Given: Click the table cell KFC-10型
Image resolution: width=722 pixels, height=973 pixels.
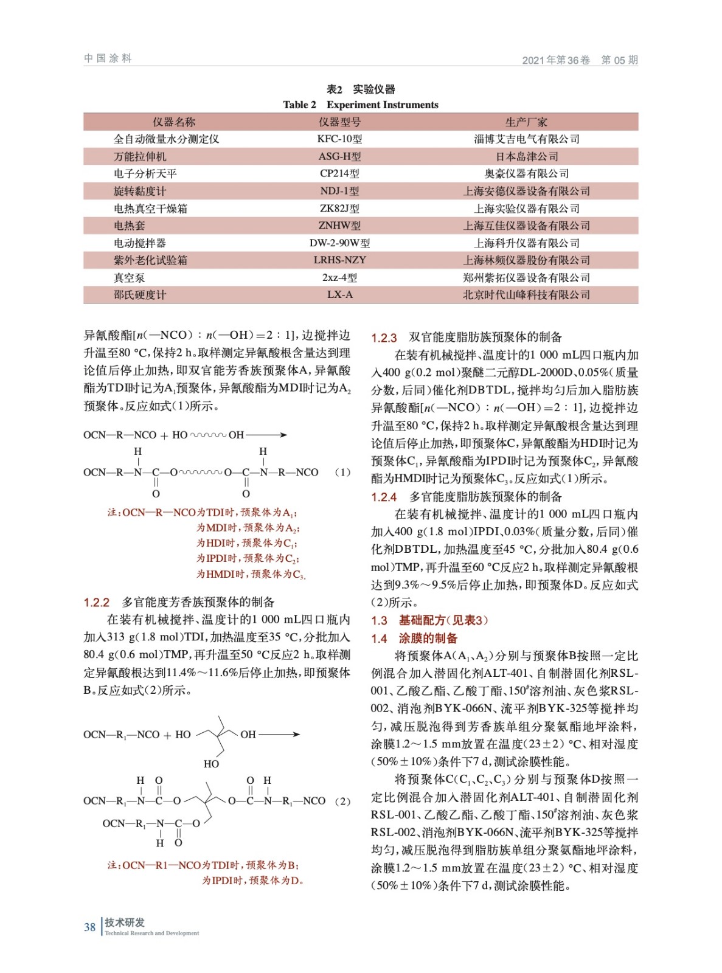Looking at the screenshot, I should pos(339,139).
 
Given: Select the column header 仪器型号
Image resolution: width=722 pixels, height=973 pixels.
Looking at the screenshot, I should pos(339,122).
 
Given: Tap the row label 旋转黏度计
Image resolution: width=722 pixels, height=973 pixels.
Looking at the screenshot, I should pos(140,192).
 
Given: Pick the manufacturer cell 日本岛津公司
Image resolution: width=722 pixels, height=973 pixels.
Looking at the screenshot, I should pos(527,157).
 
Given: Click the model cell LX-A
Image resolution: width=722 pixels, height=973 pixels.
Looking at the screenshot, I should pos(339,295).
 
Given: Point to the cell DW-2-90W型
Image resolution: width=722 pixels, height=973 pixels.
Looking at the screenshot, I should pos(339,243).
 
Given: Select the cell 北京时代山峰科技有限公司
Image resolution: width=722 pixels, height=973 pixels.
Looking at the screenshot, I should pos(527,295).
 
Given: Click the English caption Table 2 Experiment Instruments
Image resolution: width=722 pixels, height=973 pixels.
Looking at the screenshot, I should pos(361,105).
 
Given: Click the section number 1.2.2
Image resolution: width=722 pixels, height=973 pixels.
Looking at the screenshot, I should pos(97,603).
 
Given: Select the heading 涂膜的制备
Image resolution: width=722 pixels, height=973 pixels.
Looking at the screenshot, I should pos(428,639).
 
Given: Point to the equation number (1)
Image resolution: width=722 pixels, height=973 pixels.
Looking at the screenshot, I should pos(343,472).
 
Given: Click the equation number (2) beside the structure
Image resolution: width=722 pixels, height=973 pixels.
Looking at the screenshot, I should pos(343,802).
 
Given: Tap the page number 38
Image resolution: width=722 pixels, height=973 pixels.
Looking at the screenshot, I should pos(89,927).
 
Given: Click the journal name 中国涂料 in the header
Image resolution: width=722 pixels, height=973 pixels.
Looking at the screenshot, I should pos(108,58).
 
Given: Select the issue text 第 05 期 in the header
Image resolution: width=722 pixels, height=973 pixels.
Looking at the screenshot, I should pos(619,60).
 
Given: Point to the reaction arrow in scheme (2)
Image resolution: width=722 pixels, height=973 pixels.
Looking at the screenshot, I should pos(279,735).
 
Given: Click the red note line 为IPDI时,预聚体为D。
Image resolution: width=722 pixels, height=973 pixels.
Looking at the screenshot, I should pos(252,881).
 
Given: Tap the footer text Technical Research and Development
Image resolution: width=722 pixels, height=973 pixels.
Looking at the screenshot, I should pos(152,933).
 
